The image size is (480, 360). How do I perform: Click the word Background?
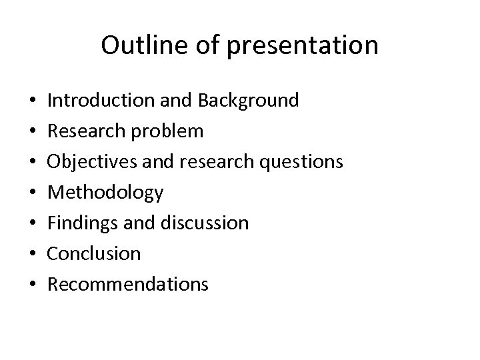pos(247,101)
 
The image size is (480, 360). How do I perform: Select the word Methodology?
pos(106,193)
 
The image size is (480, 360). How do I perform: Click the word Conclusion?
pos(95,254)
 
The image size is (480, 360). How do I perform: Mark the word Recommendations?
pos(129,285)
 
